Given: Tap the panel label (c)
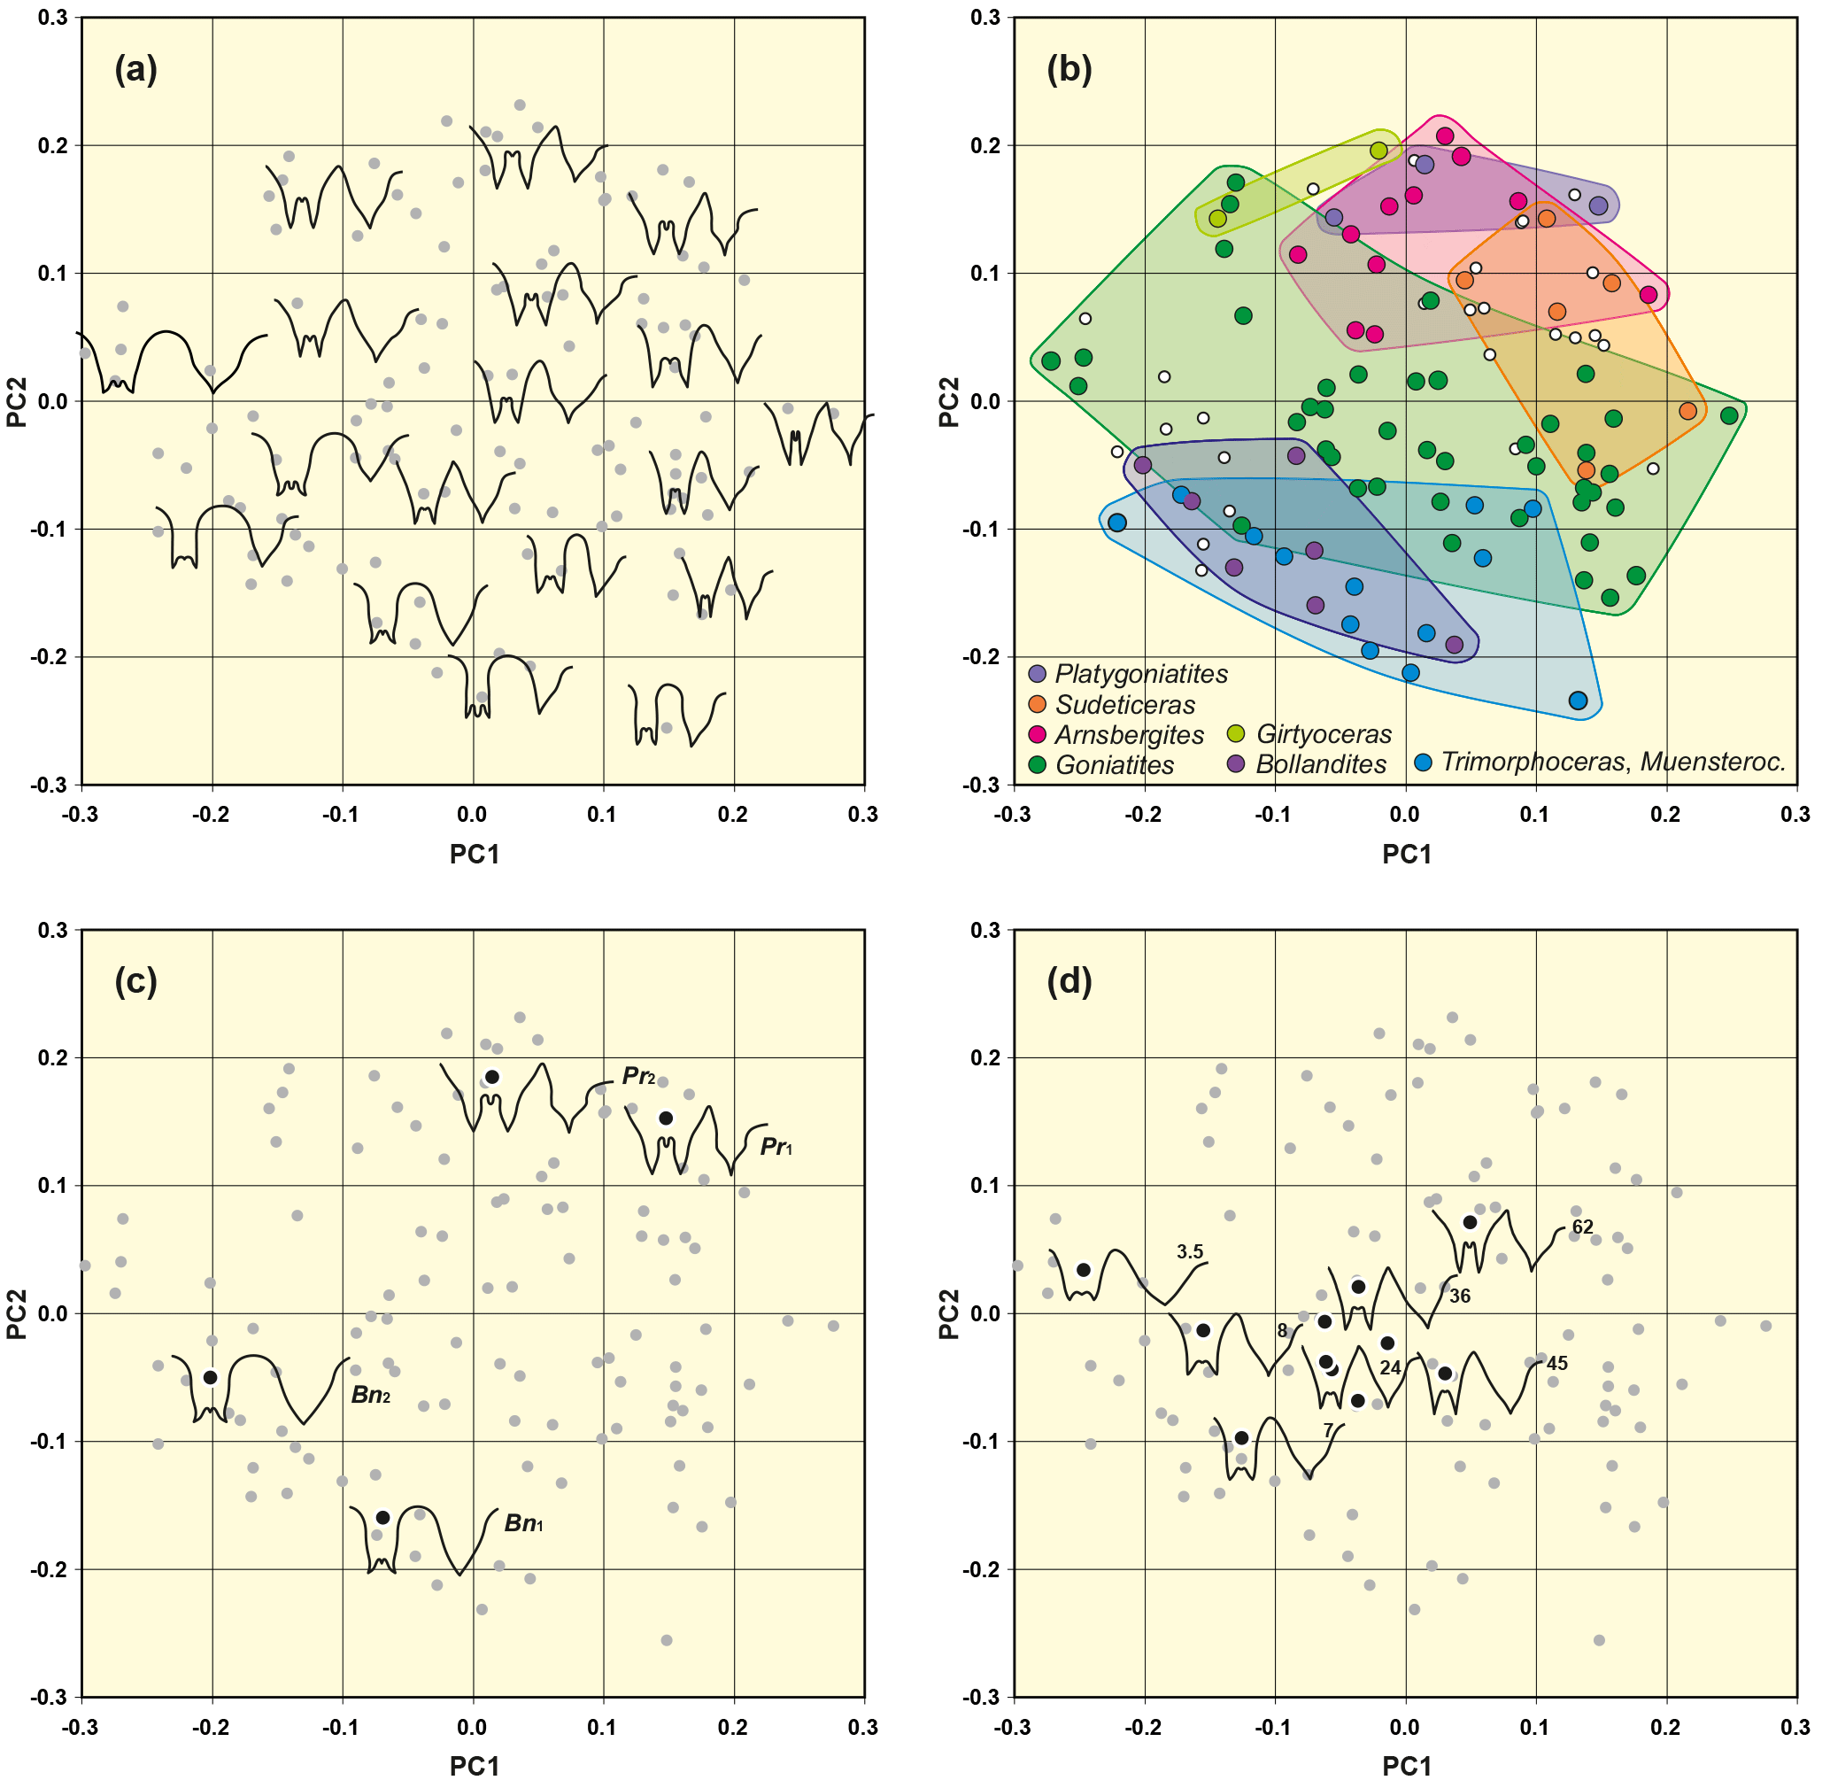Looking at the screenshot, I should (x=135, y=981).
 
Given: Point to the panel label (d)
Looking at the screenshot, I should (x=1069, y=981).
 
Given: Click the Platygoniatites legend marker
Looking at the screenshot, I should (x=1037, y=673).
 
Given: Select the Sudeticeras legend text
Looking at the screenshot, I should (x=1125, y=704).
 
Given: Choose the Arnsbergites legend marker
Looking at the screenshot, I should (x=1037, y=734).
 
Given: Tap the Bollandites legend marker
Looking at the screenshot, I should (x=1237, y=764).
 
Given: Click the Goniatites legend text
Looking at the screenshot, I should (x=1115, y=765).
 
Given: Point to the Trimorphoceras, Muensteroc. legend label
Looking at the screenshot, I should (x=1612, y=762).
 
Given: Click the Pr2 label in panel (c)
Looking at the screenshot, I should (x=638, y=1076).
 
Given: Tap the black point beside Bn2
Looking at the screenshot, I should (x=211, y=1378).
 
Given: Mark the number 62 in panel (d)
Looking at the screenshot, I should (x=1582, y=1227).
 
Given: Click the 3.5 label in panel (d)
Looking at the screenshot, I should (x=1190, y=1252).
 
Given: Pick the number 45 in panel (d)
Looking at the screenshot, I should (x=1556, y=1364).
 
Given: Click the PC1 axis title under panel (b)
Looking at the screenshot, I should (x=1406, y=854).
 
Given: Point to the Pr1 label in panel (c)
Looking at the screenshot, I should (x=776, y=1147).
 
